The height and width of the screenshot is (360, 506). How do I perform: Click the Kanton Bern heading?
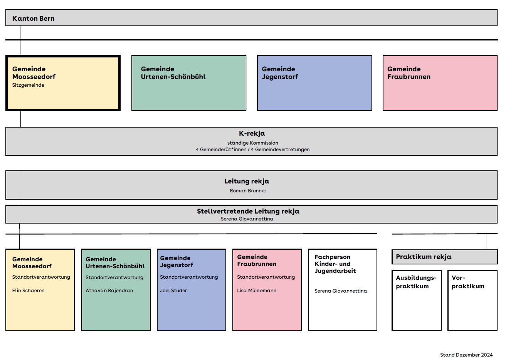[33, 19]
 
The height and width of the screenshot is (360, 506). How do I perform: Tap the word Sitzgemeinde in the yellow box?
[28, 85]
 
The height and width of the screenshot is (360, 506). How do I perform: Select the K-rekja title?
[252, 134]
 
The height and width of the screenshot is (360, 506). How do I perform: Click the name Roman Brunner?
[248, 191]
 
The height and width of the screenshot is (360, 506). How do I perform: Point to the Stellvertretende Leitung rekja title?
[248, 211]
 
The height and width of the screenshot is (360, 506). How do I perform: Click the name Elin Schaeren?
[28, 290]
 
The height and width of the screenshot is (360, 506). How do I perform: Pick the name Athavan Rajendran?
[109, 290]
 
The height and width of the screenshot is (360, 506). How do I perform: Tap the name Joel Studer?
[173, 290]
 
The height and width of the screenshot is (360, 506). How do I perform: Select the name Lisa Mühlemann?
[257, 290]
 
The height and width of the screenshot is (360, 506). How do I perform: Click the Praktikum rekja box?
[445, 257]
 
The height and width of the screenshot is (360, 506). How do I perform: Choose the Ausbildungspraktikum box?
[417, 301]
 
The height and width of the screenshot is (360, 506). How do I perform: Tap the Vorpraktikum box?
[472, 301]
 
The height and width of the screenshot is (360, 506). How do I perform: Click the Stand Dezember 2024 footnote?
[466, 355]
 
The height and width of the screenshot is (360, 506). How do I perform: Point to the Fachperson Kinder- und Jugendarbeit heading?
[335, 264]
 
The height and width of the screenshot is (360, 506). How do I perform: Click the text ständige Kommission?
[252, 143]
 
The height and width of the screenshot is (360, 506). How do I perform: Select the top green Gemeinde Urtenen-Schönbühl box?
[189, 83]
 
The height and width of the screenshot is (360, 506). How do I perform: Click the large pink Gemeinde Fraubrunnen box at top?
[440, 83]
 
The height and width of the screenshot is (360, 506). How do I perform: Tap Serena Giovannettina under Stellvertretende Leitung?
[247, 219]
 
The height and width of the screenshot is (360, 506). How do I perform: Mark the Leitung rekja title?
[247, 181]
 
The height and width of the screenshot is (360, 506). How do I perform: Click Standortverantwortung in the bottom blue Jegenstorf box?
[189, 277]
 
